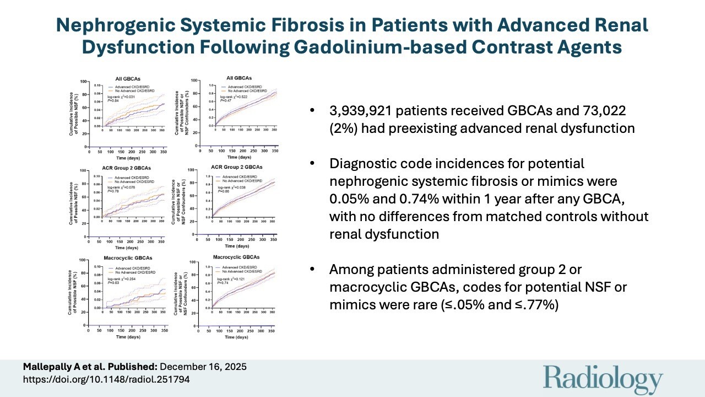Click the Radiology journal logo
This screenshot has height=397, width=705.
pos(603,379)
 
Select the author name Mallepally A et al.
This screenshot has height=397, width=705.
pos(57,366)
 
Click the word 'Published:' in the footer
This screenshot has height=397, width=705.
pos(138,366)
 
